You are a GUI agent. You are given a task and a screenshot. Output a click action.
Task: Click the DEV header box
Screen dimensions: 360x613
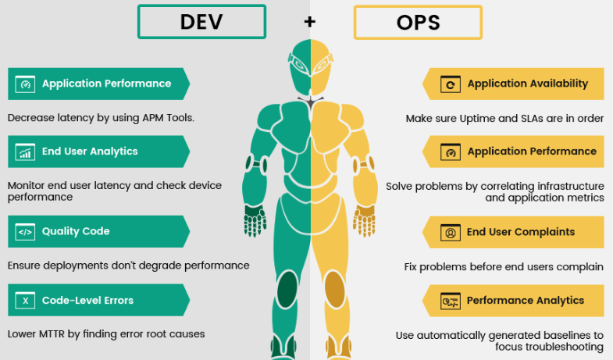pos(201,21)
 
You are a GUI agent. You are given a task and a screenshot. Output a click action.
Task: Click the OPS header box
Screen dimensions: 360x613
pos(418,21)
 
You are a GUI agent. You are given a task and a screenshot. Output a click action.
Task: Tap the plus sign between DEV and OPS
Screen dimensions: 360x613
pos(310,22)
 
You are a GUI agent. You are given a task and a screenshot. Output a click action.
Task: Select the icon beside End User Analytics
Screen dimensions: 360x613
pos(26,151)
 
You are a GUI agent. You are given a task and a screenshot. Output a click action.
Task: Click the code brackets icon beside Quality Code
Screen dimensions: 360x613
pos(26,231)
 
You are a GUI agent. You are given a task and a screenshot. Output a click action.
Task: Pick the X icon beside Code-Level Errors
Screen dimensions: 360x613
pos(26,300)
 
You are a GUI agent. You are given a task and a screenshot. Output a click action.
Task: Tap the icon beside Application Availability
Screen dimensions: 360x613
pos(449,84)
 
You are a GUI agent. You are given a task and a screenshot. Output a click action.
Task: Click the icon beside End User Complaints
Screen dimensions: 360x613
pos(449,232)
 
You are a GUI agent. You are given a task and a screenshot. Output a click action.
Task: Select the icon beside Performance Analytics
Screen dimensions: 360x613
pos(449,301)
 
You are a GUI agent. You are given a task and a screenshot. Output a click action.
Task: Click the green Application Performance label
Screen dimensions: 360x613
pos(106,84)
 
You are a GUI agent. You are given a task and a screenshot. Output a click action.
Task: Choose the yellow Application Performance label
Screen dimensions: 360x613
pos(531,151)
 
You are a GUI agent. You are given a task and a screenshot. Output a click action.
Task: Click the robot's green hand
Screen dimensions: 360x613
pos(255,223)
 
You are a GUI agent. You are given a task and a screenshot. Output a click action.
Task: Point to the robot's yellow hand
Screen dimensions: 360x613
pos(365,223)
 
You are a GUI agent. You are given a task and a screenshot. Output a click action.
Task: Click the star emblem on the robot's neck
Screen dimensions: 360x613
pos(310,102)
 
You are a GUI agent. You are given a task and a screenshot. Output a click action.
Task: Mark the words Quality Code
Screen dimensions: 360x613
pos(76,231)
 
